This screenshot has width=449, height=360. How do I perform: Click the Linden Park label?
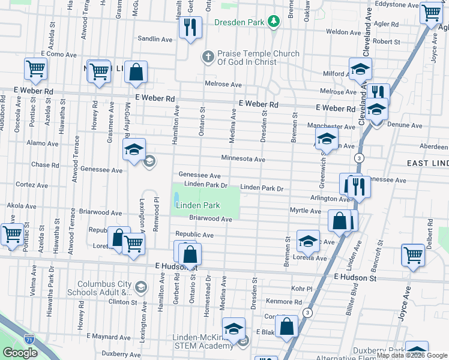click(197, 205)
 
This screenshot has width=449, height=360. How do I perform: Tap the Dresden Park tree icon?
click(274, 22)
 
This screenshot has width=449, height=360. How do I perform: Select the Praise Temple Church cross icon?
click(208, 56)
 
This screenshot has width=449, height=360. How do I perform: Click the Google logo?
click(20, 353)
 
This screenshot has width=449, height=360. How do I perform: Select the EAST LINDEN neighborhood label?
click(427, 163)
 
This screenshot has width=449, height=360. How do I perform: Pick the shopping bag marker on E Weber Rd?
click(136, 73)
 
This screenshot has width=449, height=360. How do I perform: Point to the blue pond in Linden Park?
click(176, 197)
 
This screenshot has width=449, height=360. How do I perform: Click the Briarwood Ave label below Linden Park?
click(210, 219)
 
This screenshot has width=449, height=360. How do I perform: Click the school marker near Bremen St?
click(308, 242)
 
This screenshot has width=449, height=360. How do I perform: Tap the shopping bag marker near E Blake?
click(288, 328)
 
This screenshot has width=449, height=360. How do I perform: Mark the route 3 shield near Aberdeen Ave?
click(358, 158)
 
